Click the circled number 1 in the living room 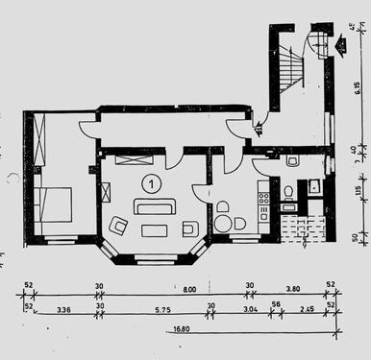pyautogui.click(x=151, y=181)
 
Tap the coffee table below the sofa pyautogui.click(x=155, y=230)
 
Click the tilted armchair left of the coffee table pyautogui.click(x=120, y=226)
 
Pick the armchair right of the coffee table pyautogui.click(x=189, y=228)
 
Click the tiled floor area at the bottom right pyautogui.click(x=302, y=228)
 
